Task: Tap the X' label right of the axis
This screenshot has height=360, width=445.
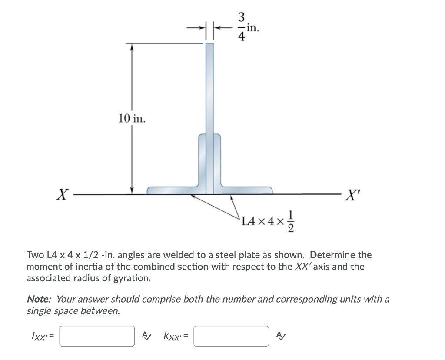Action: (x=352, y=195)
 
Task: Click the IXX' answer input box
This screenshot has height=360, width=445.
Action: (x=97, y=336)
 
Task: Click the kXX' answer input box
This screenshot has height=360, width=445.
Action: (x=231, y=336)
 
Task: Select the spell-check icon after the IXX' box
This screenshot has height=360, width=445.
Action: (x=147, y=336)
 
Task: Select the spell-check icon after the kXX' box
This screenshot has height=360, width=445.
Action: (x=281, y=336)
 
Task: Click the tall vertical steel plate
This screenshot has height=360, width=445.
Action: (x=209, y=87)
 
